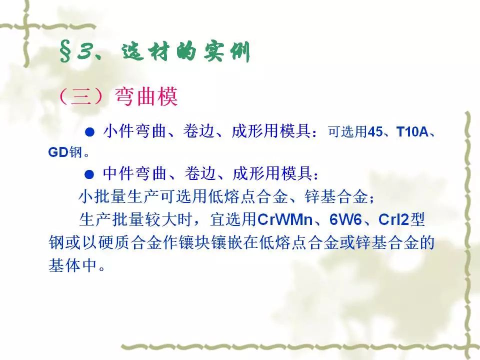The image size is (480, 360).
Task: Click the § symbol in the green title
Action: coord(65,51)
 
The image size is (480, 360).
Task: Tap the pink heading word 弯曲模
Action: coord(146,96)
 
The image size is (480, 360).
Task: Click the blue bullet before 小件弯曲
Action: coord(89,132)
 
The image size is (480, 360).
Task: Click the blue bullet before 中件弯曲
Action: coord(89,175)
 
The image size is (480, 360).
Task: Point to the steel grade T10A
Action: coord(412,132)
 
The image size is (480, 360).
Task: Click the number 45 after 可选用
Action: coord(375,132)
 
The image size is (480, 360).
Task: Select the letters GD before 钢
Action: coord(58,152)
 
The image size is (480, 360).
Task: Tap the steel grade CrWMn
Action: coord(284,219)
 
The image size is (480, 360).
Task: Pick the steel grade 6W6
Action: coord(345,219)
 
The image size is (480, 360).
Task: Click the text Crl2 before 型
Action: coord(393,219)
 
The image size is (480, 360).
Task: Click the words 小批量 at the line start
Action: coord(103,196)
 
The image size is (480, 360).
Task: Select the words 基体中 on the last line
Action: coord(73,265)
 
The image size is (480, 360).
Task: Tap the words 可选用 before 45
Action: coord(347,132)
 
